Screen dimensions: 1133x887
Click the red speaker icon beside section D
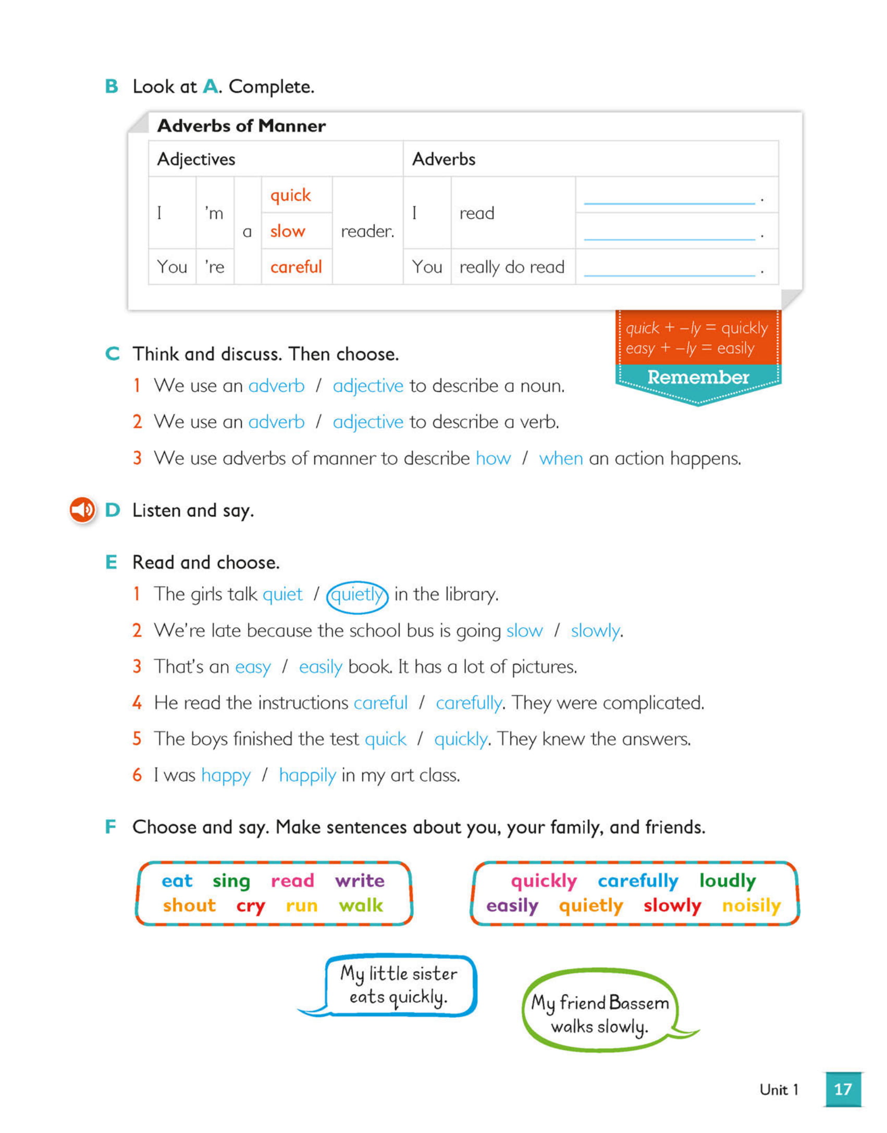[x=82, y=509]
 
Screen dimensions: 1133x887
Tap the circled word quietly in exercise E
[x=357, y=594]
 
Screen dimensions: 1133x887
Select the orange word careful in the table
[x=296, y=267]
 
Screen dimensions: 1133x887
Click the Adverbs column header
[x=443, y=159]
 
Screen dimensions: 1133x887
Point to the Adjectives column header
[x=196, y=159]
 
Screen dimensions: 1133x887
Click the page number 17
[x=842, y=1089]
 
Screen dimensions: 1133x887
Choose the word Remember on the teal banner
[x=698, y=377]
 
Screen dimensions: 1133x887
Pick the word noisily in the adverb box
[x=751, y=905]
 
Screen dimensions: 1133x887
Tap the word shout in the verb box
[x=189, y=905]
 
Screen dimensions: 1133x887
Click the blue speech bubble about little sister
[x=399, y=985]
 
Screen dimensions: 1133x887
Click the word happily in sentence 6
[x=307, y=776]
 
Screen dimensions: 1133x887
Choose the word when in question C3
[x=561, y=458]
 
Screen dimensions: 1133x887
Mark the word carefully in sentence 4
[x=469, y=703]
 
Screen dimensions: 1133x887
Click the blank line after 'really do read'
[x=669, y=268]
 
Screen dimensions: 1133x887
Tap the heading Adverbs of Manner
[x=241, y=126]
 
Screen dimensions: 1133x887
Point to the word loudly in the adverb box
[x=727, y=880]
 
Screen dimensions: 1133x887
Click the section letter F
[x=110, y=827]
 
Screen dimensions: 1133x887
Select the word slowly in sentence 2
[x=595, y=631]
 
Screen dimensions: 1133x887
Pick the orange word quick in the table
[x=290, y=195]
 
